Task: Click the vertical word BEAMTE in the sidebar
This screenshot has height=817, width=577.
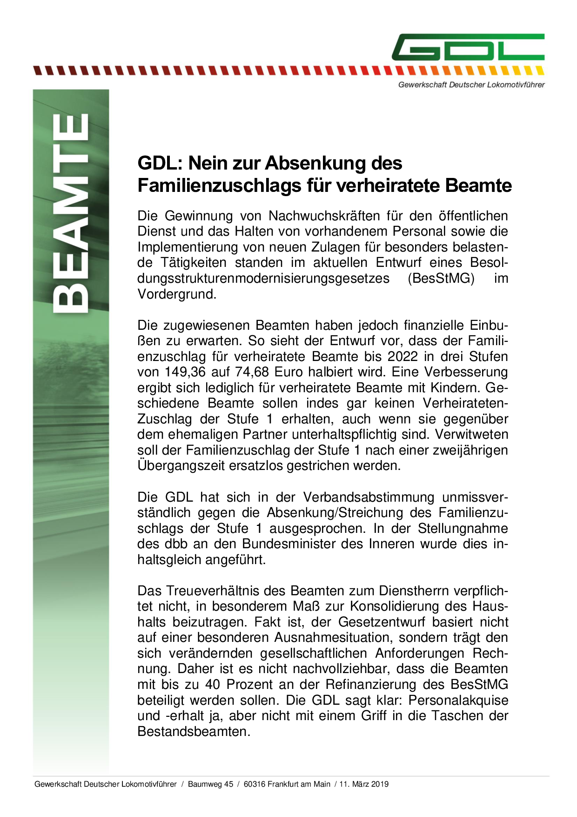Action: tap(71, 213)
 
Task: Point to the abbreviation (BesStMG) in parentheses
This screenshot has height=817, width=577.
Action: tap(440, 279)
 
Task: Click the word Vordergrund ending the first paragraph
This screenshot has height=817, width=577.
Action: tap(176, 294)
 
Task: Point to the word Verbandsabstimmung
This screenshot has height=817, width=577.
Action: tap(369, 497)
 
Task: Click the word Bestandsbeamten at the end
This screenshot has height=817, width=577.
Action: tap(193, 732)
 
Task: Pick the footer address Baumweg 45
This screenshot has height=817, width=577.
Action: tap(210, 784)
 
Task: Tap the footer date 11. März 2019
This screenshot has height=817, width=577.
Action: tap(364, 784)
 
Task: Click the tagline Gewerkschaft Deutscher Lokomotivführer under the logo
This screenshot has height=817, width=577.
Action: tap(471, 85)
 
